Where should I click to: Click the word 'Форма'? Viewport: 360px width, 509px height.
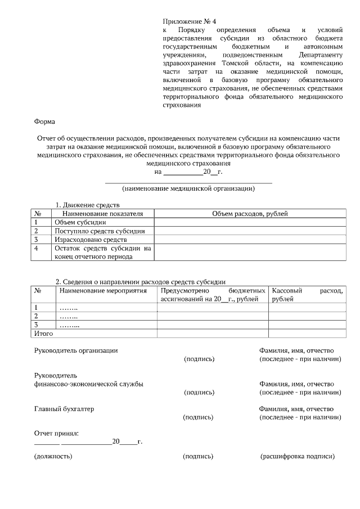(44, 120)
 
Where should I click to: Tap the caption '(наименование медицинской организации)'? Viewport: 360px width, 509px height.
(188, 188)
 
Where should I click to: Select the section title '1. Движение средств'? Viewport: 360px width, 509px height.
(87, 205)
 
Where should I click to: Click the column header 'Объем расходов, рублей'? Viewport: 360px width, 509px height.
(250, 214)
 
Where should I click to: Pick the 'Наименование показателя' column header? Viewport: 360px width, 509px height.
(103, 214)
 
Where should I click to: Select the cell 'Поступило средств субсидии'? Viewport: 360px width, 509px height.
(100, 231)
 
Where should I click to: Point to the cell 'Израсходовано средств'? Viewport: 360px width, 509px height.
(91, 240)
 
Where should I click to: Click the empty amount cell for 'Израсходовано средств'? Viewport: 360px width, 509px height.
(250, 240)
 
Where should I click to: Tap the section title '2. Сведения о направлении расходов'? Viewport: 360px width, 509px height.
(141, 282)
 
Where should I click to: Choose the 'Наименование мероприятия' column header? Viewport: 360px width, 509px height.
(103, 291)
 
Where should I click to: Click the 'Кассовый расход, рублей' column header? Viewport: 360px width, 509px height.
(307, 295)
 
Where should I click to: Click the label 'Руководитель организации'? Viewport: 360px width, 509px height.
(76, 350)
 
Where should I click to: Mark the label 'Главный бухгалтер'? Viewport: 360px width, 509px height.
(64, 409)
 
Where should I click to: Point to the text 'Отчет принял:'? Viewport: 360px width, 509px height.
(56, 433)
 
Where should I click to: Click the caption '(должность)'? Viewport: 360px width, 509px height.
(53, 456)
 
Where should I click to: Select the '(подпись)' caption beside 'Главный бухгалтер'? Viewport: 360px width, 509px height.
(199, 417)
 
